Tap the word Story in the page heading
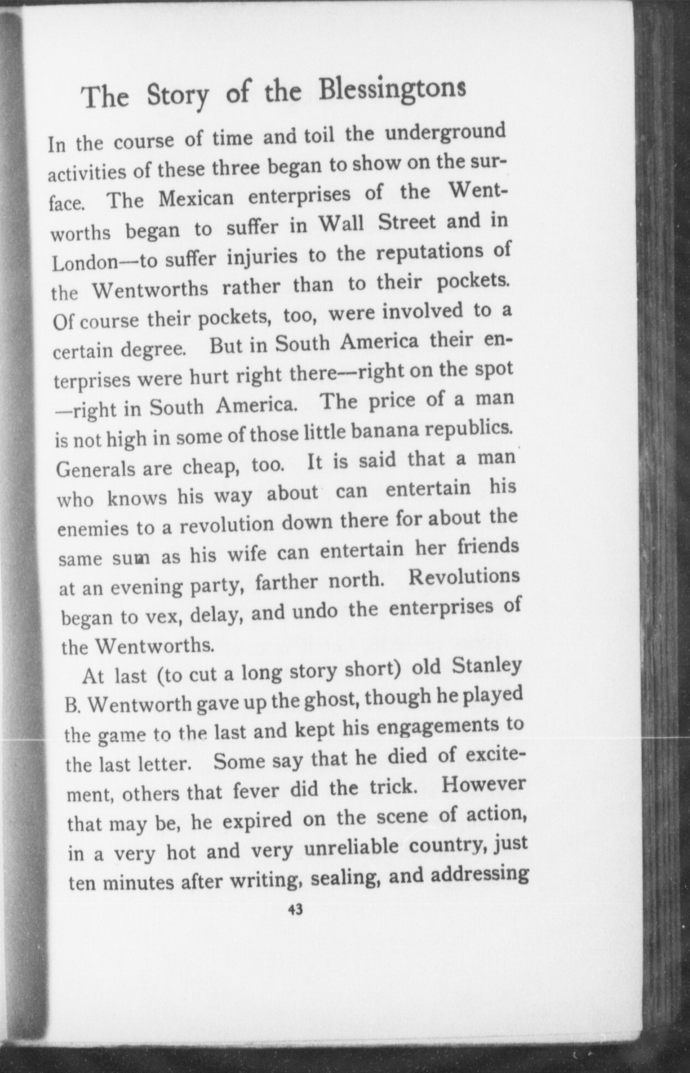pos(177,96)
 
